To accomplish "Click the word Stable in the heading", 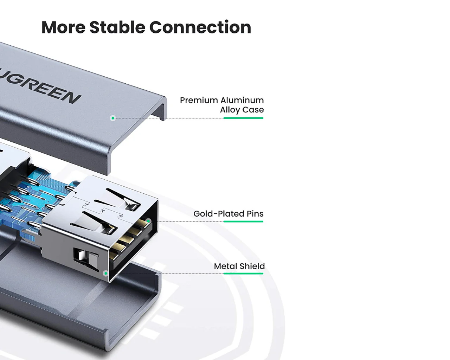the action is (x=117, y=27).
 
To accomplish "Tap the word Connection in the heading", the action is (x=200, y=27).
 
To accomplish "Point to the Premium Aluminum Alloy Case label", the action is (x=222, y=105).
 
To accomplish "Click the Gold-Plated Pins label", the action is (x=229, y=214).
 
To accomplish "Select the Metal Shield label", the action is (x=239, y=266).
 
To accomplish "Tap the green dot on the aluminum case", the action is (x=113, y=118).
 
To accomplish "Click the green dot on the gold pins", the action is (x=148, y=221).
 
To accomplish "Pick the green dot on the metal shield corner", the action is (x=106, y=273).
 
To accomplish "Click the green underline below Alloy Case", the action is (x=243, y=118).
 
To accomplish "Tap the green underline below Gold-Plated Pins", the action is (x=243, y=221).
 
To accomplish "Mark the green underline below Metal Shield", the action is (x=243, y=274).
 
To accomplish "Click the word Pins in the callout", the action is (x=255, y=214).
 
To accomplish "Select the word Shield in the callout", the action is (x=252, y=266).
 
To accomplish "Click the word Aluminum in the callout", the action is (x=242, y=100).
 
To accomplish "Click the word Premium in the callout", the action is (x=199, y=100).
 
